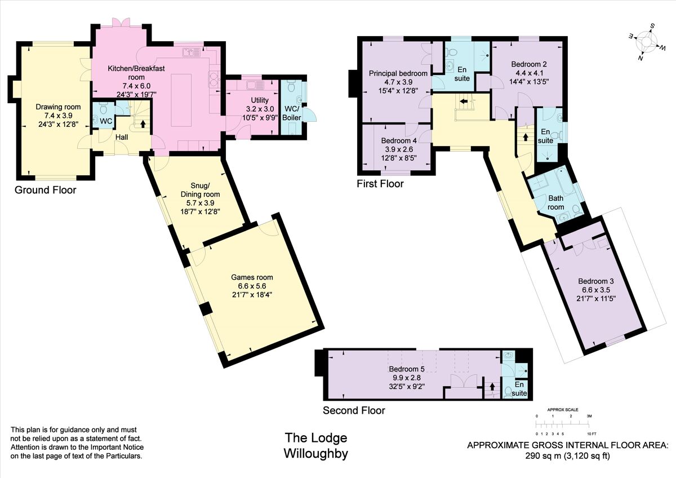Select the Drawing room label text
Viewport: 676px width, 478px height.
58,107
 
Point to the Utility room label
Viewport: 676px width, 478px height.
252,100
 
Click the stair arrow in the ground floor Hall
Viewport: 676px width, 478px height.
143,123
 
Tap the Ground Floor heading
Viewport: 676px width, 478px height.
45,190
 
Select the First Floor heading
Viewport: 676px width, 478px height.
380,184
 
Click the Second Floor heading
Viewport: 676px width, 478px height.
354,410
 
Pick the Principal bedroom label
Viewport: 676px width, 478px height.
398,73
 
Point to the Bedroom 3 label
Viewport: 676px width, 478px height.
596,281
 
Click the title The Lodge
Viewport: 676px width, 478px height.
315,438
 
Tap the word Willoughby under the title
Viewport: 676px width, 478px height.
315,453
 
